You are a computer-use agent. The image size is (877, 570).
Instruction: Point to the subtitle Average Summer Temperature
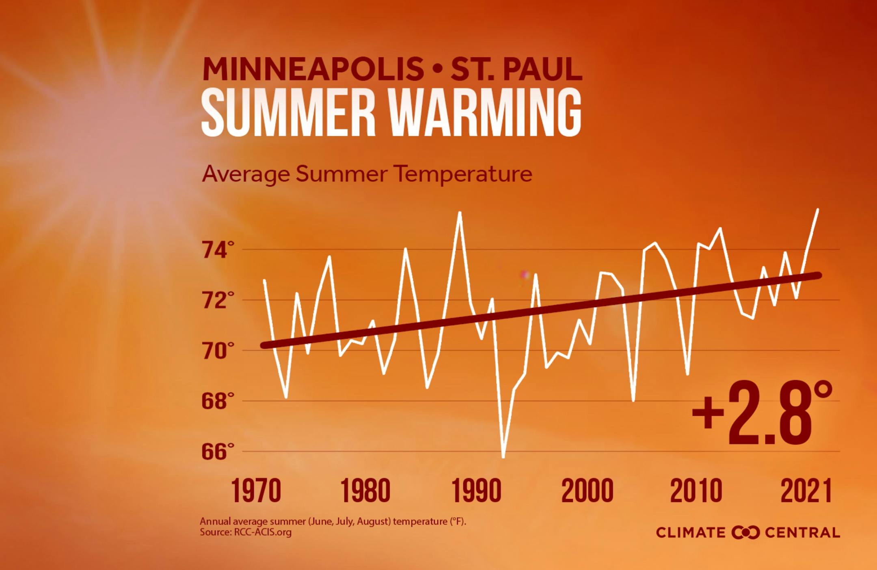point(367,174)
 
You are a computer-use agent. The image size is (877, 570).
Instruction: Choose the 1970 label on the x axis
point(256,491)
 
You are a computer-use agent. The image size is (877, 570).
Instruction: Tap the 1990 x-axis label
point(476,491)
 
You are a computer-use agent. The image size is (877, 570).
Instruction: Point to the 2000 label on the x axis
point(587,491)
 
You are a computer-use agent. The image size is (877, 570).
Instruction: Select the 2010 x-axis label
point(696,491)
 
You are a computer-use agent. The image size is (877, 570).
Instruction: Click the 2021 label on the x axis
point(806,491)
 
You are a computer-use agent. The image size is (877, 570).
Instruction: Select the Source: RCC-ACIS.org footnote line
point(246,532)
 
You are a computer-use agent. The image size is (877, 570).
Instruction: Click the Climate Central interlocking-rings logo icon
point(745,533)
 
